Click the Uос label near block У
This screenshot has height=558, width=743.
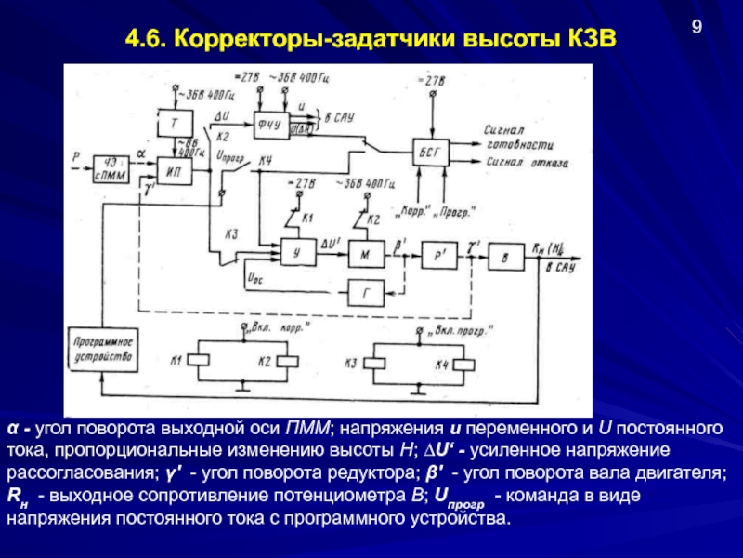click(x=254, y=277)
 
